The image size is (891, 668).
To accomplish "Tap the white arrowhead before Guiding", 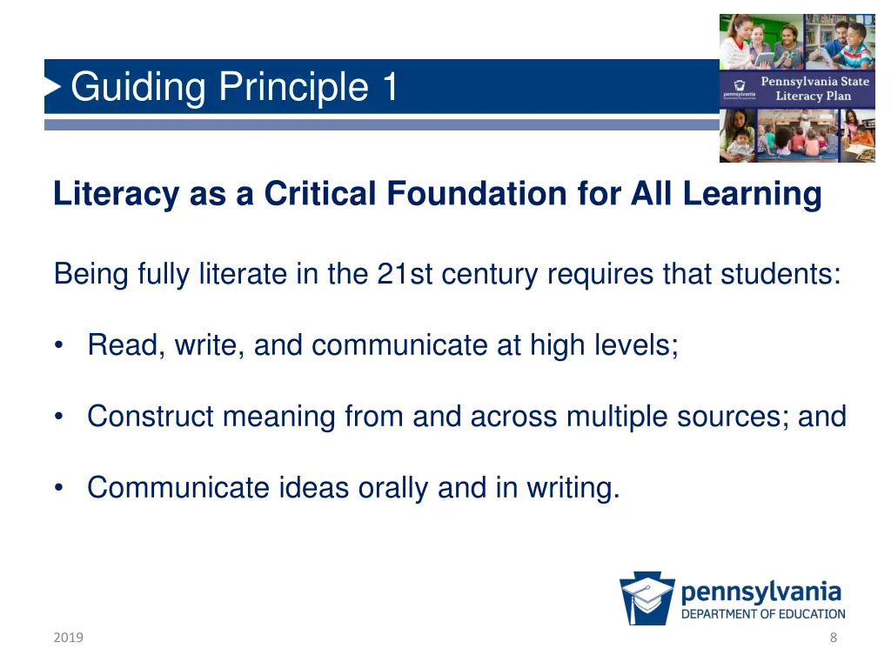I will click(x=53, y=86).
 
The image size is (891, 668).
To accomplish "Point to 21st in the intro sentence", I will click(x=405, y=275).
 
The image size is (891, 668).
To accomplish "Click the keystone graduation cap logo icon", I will click(x=646, y=598).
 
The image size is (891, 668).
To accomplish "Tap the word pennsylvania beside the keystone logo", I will click(x=761, y=592).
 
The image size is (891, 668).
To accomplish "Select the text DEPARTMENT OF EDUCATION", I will click(x=762, y=614).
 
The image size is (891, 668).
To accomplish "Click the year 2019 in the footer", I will click(x=67, y=638).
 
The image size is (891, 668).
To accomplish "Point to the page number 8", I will click(x=834, y=638).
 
